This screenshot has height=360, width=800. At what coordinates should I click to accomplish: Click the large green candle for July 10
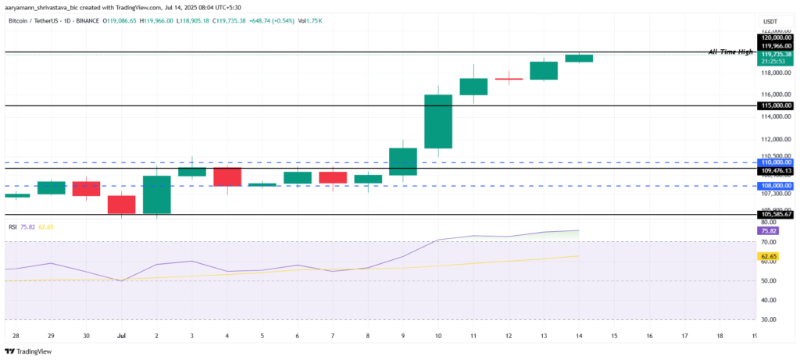[x=438, y=121]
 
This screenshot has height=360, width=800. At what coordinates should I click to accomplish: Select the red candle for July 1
[x=121, y=205]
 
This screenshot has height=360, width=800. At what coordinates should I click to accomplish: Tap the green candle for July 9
[x=403, y=161]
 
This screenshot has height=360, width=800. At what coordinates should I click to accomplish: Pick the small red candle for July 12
[x=509, y=79]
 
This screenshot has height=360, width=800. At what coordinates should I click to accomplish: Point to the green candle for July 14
[x=579, y=58]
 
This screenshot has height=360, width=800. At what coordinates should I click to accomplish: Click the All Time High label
[x=730, y=52]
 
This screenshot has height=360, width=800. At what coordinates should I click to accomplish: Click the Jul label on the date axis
[x=121, y=335]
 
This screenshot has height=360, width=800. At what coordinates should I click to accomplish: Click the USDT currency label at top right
[x=770, y=22]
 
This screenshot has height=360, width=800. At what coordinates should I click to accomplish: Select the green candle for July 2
[x=156, y=194]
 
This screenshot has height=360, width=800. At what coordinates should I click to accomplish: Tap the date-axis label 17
[x=684, y=335]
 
